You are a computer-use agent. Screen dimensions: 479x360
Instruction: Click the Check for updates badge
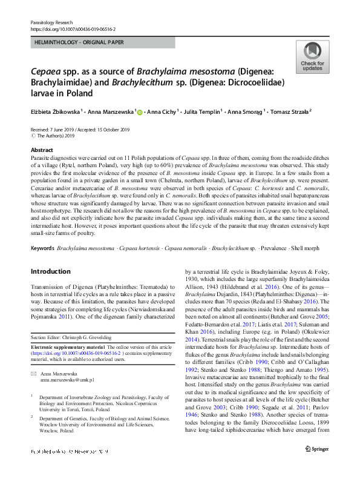click(x=312, y=58)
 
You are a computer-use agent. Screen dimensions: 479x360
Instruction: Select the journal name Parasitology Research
click(x=51, y=22)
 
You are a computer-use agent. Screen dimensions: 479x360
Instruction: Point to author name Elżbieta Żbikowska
click(x=55, y=112)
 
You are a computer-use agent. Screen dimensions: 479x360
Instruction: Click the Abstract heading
click(x=41, y=149)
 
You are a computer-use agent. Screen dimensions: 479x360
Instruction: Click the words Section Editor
click(x=47, y=337)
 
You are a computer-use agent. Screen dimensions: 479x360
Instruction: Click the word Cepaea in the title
click(x=48, y=71)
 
